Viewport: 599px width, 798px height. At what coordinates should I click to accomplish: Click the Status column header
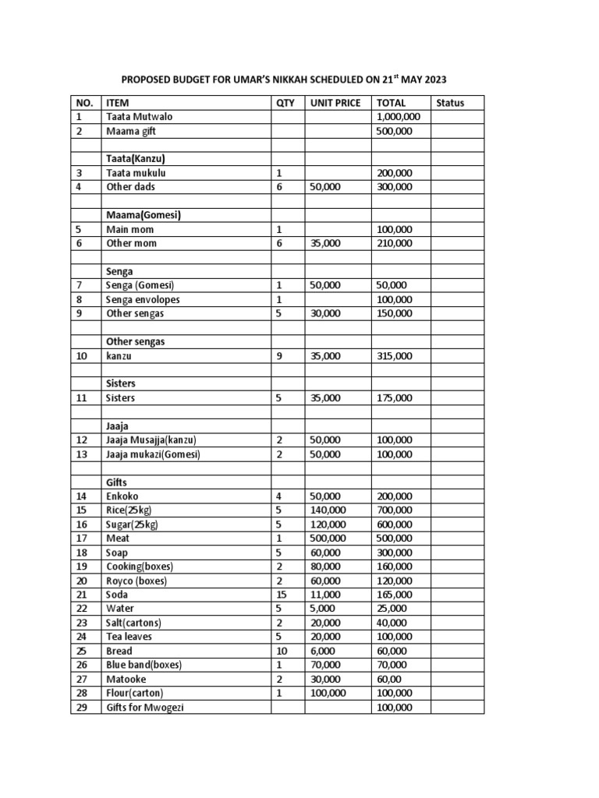pyautogui.click(x=450, y=103)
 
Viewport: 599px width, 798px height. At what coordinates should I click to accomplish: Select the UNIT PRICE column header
pyautogui.click(x=335, y=103)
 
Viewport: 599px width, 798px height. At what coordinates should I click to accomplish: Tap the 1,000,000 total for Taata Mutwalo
pyautogui.click(x=399, y=117)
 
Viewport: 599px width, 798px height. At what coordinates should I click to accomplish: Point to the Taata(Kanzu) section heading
pyautogui.click(x=136, y=159)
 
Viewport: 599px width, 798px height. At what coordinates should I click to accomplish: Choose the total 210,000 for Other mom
pyautogui.click(x=394, y=243)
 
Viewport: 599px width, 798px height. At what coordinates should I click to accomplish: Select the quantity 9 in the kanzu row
pyautogui.click(x=279, y=355)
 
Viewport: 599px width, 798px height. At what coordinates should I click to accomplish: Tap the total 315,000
pyautogui.click(x=394, y=355)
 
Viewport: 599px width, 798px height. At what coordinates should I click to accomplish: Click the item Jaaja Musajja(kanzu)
pyautogui.click(x=151, y=440)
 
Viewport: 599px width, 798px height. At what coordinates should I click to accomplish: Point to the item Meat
pyautogui.click(x=117, y=538)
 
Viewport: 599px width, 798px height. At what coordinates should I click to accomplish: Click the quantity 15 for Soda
pyautogui.click(x=282, y=594)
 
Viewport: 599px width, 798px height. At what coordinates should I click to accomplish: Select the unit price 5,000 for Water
pyautogui.click(x=323, y=608)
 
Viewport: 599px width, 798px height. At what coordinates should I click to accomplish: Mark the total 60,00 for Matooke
pyautogui.click(x=391, y=679)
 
